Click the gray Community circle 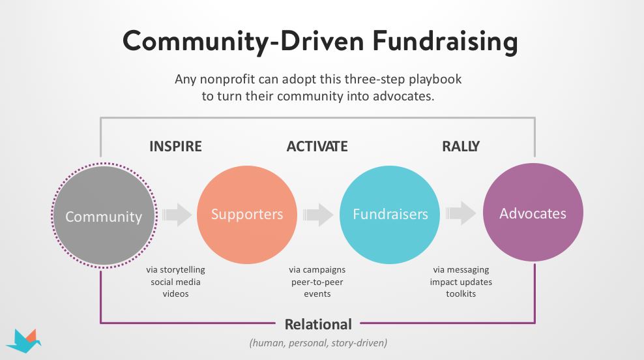pos(104,216)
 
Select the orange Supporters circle pos(247,215)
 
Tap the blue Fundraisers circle pos(390,215)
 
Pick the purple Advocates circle pos(533,213)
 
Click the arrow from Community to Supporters pos(177,214)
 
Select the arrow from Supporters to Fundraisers pos(318,214)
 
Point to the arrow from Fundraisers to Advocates pos(461,213)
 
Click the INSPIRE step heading pos(175,146)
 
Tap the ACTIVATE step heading pos(317,146)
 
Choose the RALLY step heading pos(461,146)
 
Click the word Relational pos(318,324)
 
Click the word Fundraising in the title pos(445,42)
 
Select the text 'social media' pos(175,282)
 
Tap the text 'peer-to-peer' pos(317,282)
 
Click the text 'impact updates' pos(461,282)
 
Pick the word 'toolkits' pos(461,294)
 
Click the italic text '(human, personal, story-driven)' pos(318,343)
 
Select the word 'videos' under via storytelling pos(175,294)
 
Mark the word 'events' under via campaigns pos(317,294)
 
